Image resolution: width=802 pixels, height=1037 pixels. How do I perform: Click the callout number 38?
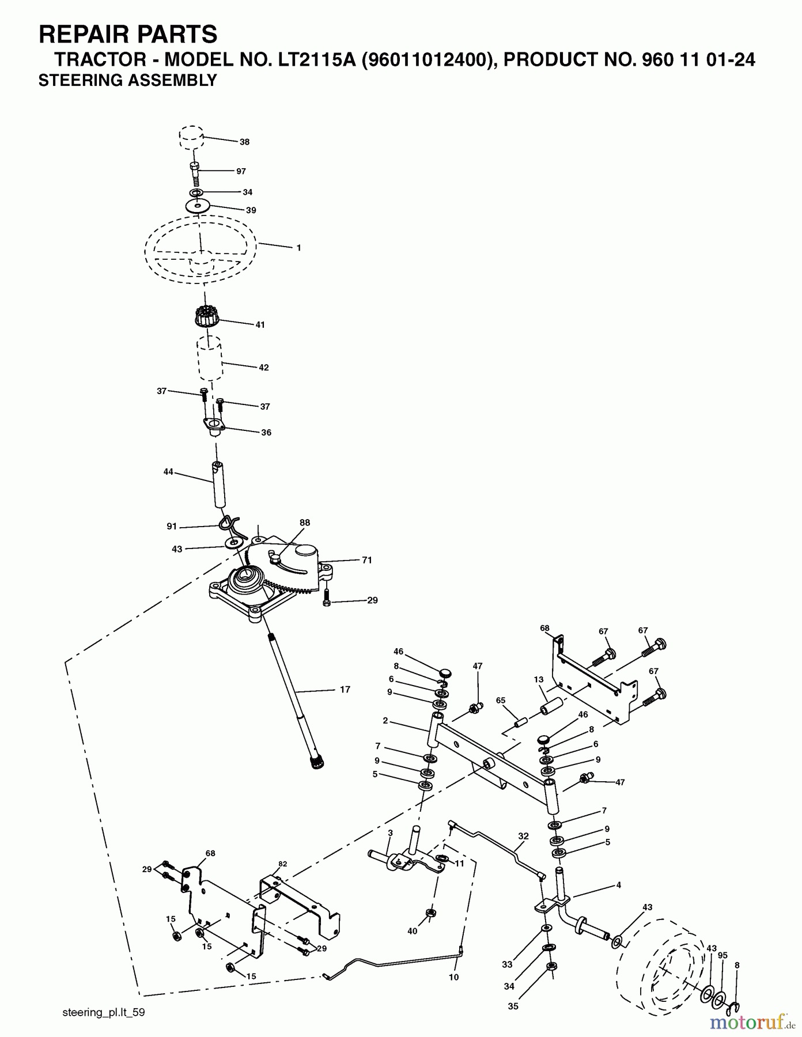245,142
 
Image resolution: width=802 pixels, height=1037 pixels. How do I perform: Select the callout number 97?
241,171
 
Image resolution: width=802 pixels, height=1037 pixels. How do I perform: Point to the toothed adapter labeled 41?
207,316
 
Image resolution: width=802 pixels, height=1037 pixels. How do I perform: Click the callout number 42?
264,368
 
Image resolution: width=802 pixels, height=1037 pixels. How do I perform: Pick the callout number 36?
266,432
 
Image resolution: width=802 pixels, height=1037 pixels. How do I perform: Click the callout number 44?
168,472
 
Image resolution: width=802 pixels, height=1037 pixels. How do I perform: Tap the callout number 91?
172,527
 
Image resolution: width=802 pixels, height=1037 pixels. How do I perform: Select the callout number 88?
305,523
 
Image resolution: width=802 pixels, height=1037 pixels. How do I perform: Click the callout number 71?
367,560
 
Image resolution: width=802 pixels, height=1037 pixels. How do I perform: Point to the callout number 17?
345,689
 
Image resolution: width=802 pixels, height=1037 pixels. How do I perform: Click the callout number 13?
539,680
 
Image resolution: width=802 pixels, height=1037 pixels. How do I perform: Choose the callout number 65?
501,701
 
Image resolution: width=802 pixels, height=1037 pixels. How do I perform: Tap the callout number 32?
523,836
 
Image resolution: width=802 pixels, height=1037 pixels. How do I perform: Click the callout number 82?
282,864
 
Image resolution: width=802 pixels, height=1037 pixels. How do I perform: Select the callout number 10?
454,977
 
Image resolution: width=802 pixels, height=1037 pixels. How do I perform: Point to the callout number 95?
722,956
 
